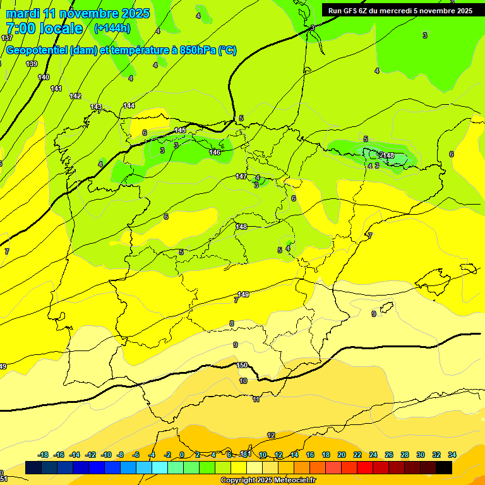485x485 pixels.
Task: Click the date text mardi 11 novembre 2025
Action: (x=78, y=13)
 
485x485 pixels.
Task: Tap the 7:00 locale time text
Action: (x=44, y=28)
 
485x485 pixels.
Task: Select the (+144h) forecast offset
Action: (x=112, y=28)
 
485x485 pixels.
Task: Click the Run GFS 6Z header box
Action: (x=400, y=10)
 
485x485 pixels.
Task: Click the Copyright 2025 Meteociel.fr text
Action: (x=268, y=481)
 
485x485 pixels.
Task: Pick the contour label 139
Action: (x=32, y=64)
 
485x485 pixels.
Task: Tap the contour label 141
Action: (x=56, y=88)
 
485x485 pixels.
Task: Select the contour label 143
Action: (x=96, y=107)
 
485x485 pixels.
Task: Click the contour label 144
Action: (x=129, y=105)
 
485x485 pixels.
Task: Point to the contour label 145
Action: (x=181, y=130)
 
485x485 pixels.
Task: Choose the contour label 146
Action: (x=215, y=152)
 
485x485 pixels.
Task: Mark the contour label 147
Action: (x=241, y=176)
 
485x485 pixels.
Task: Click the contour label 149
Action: (x=243, y=294)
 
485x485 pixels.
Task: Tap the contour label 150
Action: (x=242, y=365)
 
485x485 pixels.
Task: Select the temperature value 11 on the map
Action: (x=256, y=400)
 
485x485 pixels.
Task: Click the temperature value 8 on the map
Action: (x=232, y=323)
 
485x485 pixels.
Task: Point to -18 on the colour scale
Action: (x=44, y=455)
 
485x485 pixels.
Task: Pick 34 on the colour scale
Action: (x=452, y=455)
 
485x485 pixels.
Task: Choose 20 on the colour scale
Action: (x=342, y=455)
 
